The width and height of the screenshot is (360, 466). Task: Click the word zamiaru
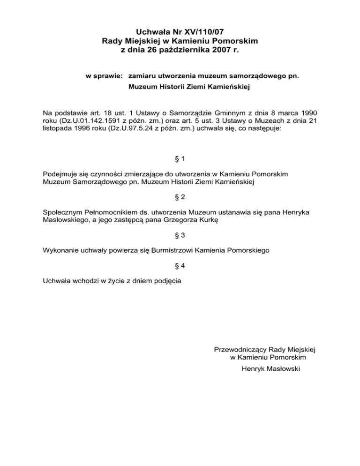pos(142,75)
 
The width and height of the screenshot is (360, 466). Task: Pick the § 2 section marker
pos(180,198)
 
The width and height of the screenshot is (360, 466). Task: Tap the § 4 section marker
pos(180,266)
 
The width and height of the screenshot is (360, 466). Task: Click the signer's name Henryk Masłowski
pos(270,369)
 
